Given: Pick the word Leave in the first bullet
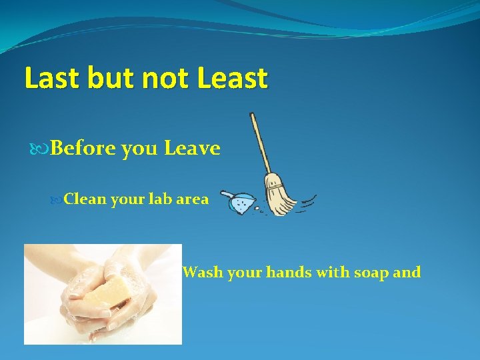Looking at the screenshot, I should (192, 148).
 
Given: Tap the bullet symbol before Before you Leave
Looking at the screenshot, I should (43, 148).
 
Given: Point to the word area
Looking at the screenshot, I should (191, 199).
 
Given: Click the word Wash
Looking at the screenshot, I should (203, 272).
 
